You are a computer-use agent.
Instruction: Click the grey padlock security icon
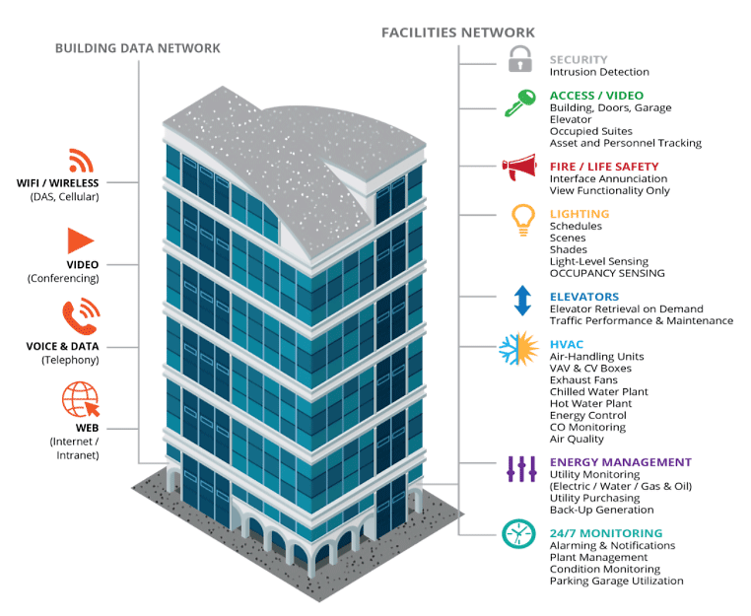coord(519,59)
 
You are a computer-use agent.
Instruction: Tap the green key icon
coord(519,103)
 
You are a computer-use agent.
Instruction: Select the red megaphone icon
coord(518,167)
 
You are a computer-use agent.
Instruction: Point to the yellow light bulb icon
coord(523,220)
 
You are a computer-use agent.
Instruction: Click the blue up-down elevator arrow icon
coord(522,301)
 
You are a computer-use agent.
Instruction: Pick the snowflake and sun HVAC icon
coord(519,348)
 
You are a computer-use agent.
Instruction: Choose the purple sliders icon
coord(521,469)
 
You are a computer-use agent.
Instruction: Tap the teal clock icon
coord(518,533)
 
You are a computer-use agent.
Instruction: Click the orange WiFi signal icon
coord(81,161)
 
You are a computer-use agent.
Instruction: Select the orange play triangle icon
coord(80,240)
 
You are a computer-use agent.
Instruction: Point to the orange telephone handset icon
coord(81,316)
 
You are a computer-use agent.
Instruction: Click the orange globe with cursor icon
coord(81,399)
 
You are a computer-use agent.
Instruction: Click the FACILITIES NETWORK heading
coord(458,33)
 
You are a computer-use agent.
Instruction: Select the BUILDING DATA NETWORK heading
coord(137,48)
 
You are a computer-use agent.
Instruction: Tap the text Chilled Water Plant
coord(598,392)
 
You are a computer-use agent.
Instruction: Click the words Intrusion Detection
coord(599,72)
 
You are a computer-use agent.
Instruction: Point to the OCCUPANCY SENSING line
coord(607,273)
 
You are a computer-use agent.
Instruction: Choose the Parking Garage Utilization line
coord(616,582)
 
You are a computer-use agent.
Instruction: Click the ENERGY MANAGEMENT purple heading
coord(621,462)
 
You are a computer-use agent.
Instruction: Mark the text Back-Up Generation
coord(601,510)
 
